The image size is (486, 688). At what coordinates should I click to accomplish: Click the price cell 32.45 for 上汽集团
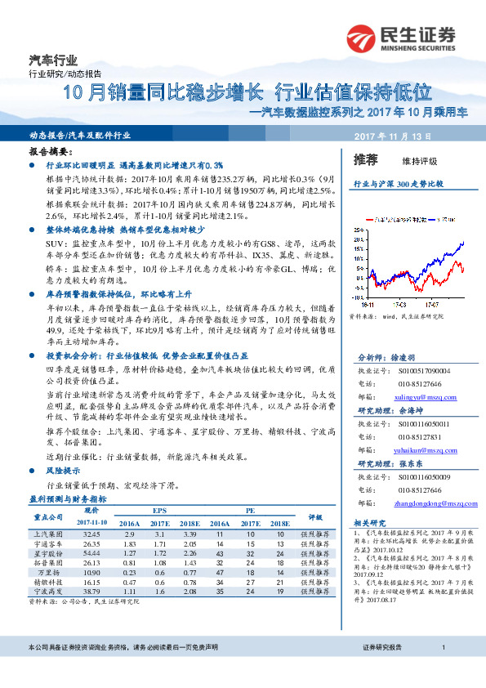[x=92, y=533]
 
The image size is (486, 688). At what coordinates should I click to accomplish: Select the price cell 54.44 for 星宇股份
[x=92, y=552]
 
